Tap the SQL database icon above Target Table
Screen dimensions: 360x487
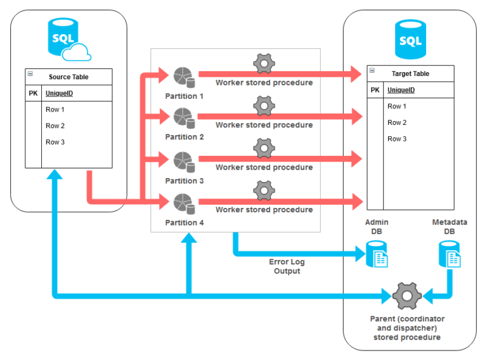tap(410, 39)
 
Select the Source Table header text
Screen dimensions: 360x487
tap(68, 77)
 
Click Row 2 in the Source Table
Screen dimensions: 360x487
tap(55, 125)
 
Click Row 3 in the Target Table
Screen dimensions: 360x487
tap(397, 139)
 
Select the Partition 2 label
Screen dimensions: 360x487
tap(185, 137)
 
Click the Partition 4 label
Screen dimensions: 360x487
tap(185, 222)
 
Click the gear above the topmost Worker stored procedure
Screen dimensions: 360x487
tap(264, 65)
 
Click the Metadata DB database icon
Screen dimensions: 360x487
tap(450, 255)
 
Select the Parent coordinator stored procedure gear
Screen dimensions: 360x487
tap(406, 296)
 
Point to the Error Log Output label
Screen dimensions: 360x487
tap(287, 267)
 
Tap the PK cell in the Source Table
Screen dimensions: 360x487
tap(34, 93)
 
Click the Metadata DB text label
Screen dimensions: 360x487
tap(450, 227)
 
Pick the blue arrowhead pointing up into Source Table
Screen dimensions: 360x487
tap(56, 176)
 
